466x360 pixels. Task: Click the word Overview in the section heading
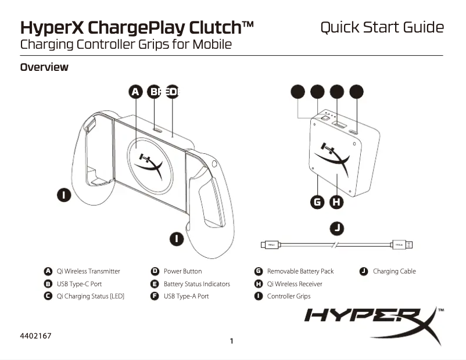[44, 67]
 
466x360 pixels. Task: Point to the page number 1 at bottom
[232, 341]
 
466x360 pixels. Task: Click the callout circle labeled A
[135, 92]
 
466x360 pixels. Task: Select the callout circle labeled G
[317, 202]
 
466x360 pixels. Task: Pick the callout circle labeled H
[336, 202]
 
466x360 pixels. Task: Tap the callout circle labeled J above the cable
[336, 228]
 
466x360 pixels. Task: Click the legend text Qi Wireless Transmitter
[88, 271]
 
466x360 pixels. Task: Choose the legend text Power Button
[182, 271]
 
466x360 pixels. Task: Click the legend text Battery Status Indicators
[196, 284]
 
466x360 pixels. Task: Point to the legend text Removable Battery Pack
[300, 271]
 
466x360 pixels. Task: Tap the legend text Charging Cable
[394, 271]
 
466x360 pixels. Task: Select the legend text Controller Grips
[288, 296]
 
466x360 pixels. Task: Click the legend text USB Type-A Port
[186, 296]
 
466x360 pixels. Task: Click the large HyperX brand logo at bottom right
[372, 320]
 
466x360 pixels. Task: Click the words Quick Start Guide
[382, 27]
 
